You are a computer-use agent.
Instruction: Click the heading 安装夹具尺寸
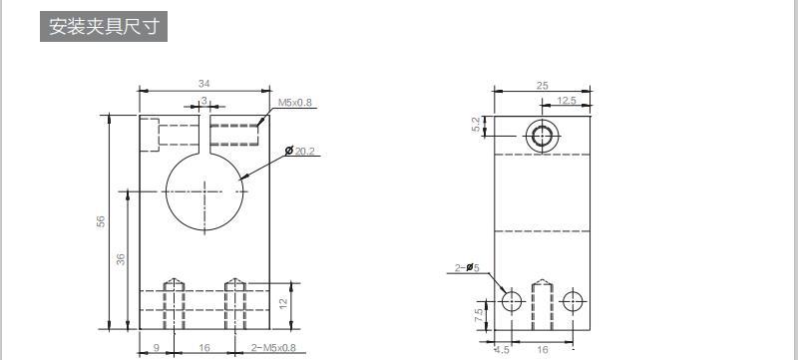[x=104, y=27]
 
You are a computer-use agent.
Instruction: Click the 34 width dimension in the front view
[x=204, y=84]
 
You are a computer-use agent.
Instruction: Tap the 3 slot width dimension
[x=204, y=101]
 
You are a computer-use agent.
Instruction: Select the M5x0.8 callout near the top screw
[x=294, y=103]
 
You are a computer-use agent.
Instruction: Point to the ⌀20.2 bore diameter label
[x=300, y=151]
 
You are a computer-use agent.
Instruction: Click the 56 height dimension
[x=101, y=221]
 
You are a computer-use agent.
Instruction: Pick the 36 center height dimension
[x=121, y=259]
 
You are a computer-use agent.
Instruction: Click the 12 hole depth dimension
[x=283, y=303]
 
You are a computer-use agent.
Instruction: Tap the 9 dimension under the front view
[x=157, y=348]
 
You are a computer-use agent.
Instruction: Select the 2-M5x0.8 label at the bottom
[x=273, y=348]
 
